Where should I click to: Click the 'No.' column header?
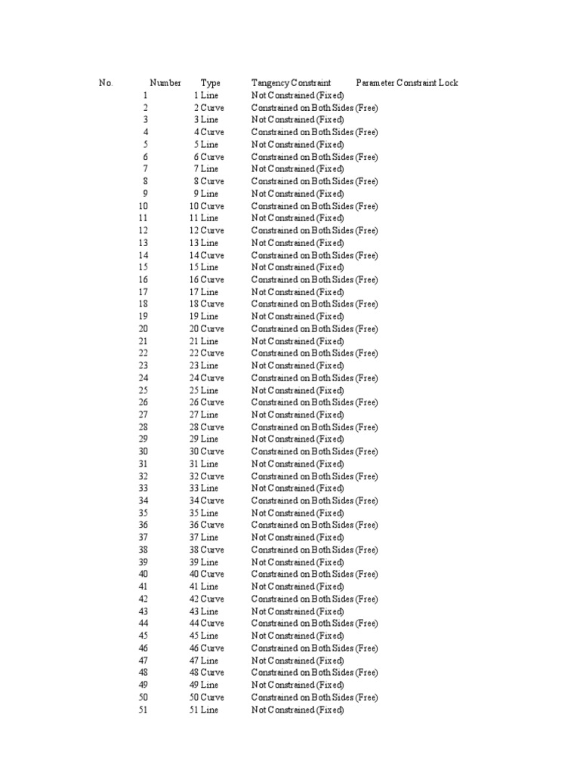pos(106,83)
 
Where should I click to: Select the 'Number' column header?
pos(165,83)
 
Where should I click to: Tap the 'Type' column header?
pos(211,83)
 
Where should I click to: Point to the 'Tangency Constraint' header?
pos(292,83)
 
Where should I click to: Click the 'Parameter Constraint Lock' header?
pos(407,83)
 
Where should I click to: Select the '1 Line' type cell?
pos(206,95)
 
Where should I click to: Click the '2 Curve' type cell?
pos(208,108)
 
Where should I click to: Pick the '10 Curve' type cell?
pos(206,206)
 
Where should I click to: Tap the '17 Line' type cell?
pos(204,292)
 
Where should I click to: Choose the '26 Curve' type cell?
pos(206,402)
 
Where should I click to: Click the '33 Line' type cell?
pos(204,488)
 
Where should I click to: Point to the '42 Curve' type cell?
pos(206,599)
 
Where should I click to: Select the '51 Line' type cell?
pos(204,710)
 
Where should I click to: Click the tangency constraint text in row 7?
pos(298,169)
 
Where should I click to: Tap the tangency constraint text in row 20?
pos(314,329)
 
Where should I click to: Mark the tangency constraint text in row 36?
pos(314,525)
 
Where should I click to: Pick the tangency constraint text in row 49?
pos(298,685)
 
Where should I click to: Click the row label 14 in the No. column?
pos(143,255)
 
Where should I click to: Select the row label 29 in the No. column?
pos(143,439)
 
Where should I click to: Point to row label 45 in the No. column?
pos(143,636)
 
